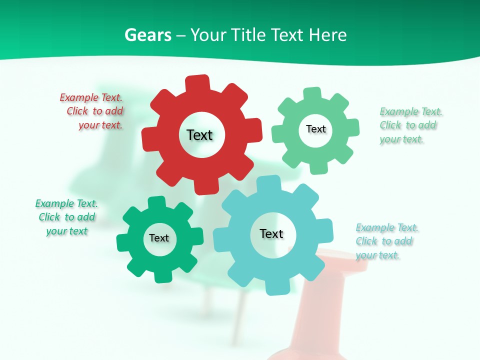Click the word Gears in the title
tap(148, 35)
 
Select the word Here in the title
tap(328, 35)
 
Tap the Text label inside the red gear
tap(199, 135)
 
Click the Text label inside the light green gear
tap(315, 129)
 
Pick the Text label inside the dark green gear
tap(158, 238)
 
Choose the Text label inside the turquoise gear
tap(271, 234)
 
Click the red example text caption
tap(92, 111)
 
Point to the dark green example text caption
tap(66, 217)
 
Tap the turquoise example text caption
tap(386, 241)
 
